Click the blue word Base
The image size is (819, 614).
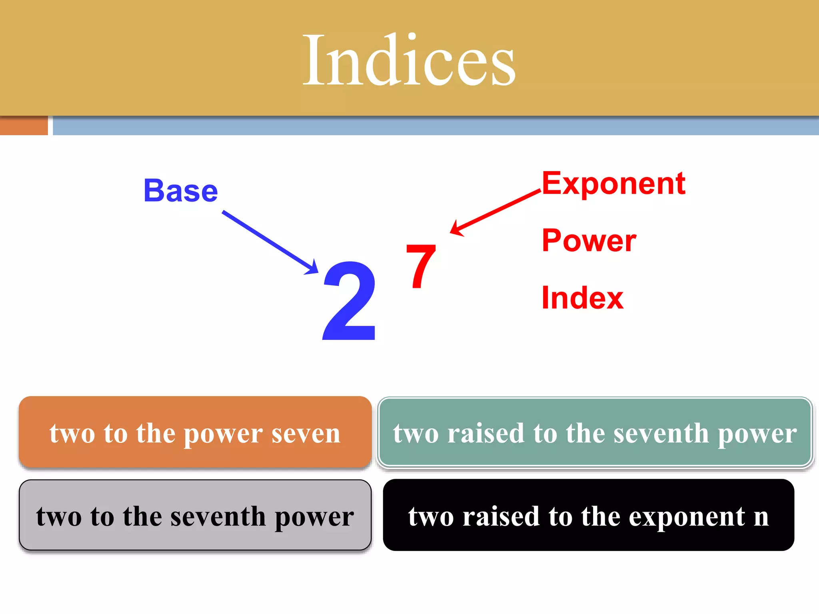(181, 191)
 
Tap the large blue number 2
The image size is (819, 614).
(350, 301)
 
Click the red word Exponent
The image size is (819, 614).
(613, 183)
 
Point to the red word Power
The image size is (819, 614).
(589, 241)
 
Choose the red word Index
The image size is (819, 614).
(582, 298)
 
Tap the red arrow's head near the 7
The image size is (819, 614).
(456, 229)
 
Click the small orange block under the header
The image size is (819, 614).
(24, 126)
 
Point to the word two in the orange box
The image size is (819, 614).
(72, 433)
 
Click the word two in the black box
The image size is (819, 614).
(431, 516)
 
